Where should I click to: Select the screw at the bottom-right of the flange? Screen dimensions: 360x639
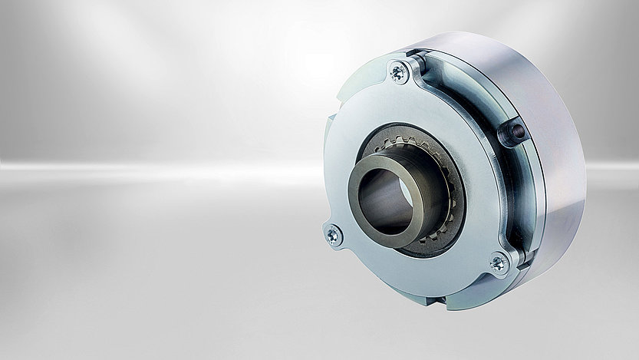click(x=498, y=263)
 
